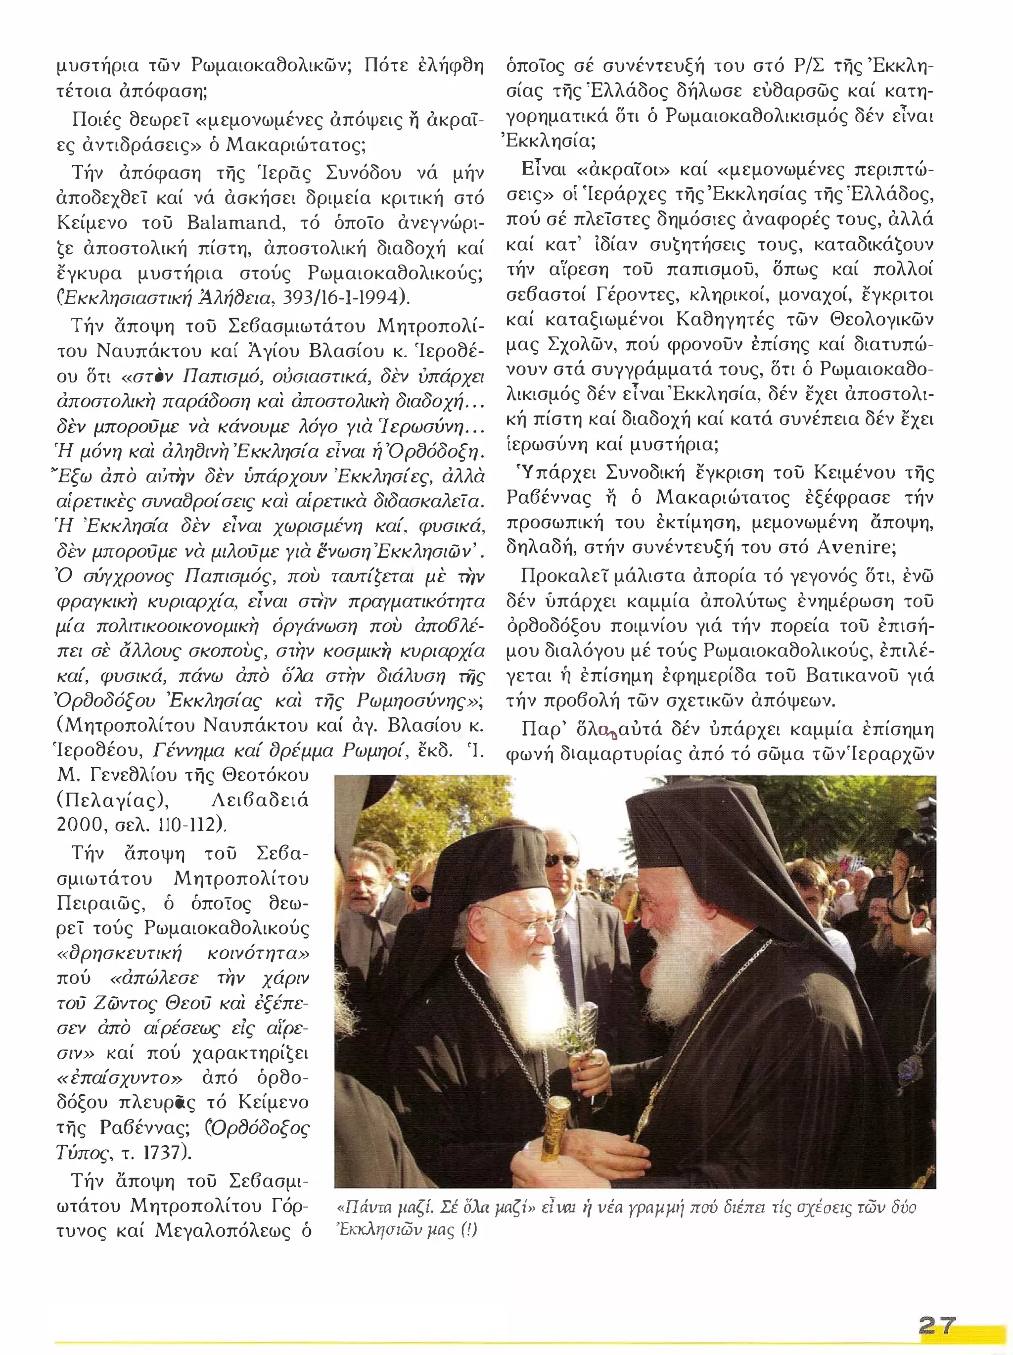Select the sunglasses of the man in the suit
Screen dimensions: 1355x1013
point(560,861)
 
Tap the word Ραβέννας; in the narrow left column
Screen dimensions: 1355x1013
point(153,1128)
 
